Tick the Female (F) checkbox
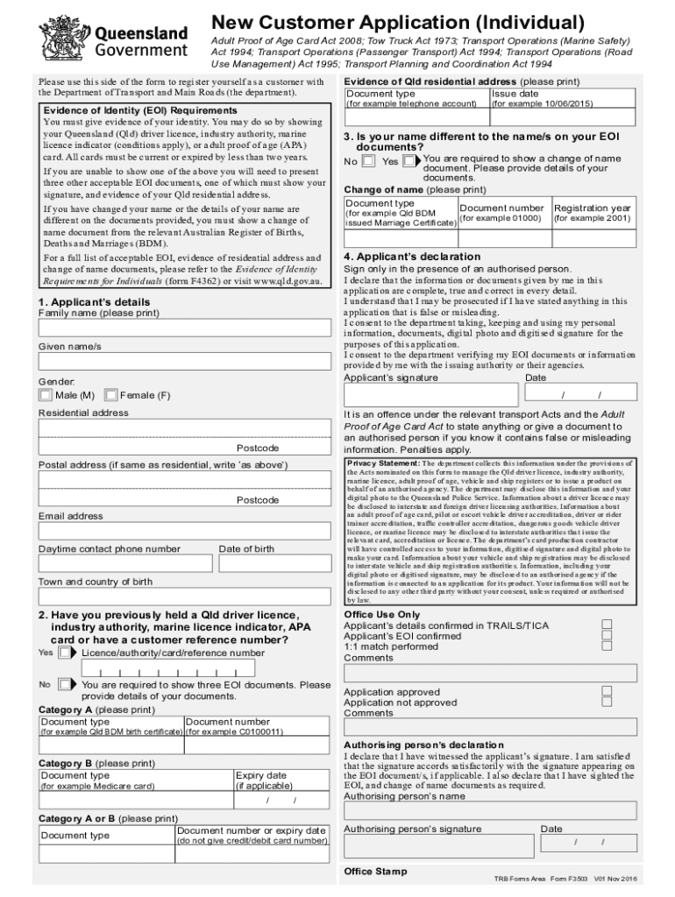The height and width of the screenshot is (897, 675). click(x=110, y=395)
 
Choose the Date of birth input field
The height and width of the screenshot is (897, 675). click(x=273, y=565)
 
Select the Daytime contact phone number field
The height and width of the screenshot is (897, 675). click(x=123, y=565)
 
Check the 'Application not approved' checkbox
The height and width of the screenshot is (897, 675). click(x=606, y=702)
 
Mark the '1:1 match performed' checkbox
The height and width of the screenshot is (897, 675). click(x=606, y=646)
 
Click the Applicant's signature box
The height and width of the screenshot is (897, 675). click(x=431, y=394)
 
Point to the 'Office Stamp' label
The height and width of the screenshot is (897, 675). click(x=375, y=872)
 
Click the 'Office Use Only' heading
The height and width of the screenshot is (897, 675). click(x=381, y=615)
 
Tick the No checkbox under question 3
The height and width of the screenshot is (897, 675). click(x=369, y=161)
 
